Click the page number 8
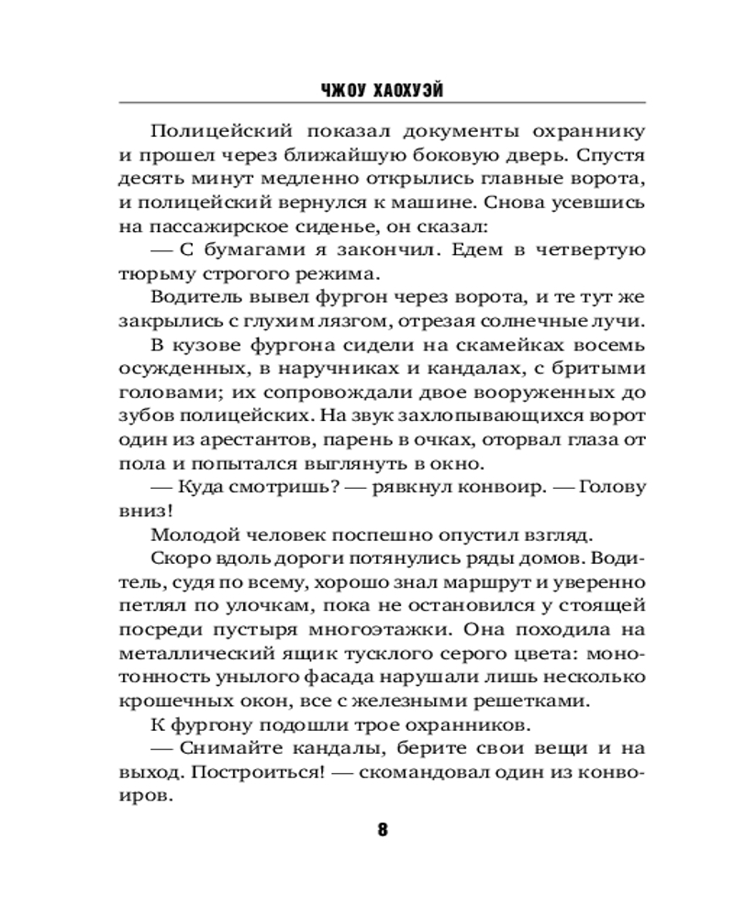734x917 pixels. click(383, 830)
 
